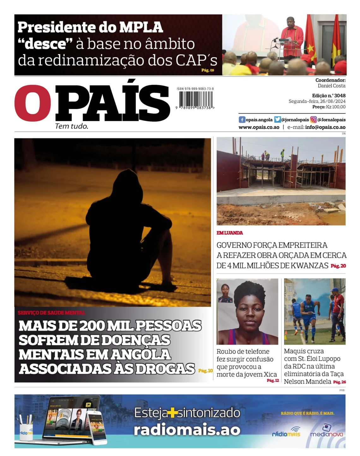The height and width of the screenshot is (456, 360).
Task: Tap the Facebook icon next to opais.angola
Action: [242, 120]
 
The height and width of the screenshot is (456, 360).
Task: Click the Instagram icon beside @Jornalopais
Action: [313, 120]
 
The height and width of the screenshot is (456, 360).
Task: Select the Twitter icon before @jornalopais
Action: [277, 120]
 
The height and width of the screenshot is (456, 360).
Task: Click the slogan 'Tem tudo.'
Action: [72, 126]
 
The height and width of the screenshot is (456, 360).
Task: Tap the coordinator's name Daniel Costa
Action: [331, 86]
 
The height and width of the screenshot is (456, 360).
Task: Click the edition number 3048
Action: [340, 96]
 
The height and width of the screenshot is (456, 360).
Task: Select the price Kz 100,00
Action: [336, 107]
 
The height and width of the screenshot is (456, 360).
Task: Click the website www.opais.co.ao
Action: [259, 127]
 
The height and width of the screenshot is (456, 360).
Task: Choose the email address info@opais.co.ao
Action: [325, 127]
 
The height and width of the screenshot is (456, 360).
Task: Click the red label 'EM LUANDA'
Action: [230, 233]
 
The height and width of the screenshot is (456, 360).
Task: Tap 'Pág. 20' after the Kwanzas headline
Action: [338, 266]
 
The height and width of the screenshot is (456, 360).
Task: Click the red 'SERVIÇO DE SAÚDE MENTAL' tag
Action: [51, 313]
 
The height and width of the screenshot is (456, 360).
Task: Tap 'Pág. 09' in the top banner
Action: [207, 70]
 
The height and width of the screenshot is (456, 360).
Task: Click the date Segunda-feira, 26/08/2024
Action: [317, 101]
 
